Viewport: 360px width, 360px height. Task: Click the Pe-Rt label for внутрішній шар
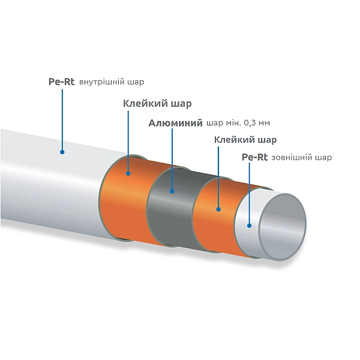tap(61, 83)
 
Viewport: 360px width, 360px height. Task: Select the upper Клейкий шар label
tap(157, 104)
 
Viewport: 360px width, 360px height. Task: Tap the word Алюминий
tap(175, 124)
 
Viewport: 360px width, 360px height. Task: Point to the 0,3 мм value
tap(256, 124)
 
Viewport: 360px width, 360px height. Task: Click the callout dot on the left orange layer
tap(128, 174)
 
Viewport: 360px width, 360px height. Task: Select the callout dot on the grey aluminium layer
tap(172, 192)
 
